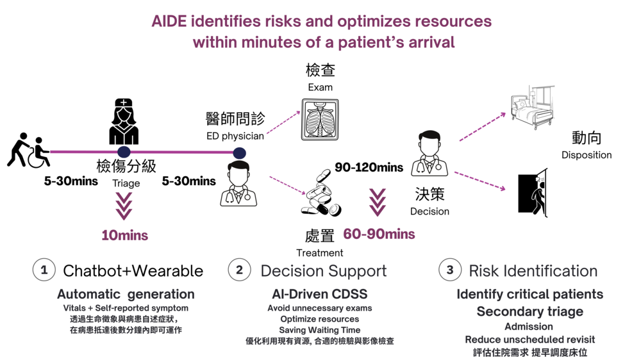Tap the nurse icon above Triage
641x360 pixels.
[x=124, y=122]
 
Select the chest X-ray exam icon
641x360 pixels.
[x=320, y=119]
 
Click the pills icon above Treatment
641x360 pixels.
[x=320, y=195]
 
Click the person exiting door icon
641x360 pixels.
[x=533, y=193]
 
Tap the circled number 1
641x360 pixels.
[x=44, y=270]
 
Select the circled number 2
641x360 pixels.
[x=239, y=270]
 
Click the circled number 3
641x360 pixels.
[x=450, y=270]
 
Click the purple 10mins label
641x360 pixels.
[x=124, y=236]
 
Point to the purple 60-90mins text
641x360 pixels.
[x=379, y=234]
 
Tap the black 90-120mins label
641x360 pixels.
[x=369, y=168]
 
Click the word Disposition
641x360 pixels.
[x=587, y=155]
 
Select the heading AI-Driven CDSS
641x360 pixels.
[x=320, y=295]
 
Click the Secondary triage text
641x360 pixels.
[x=529, y=312]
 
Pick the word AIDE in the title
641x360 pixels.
[x=171, y=21]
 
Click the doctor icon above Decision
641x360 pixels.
[x=429, y=154]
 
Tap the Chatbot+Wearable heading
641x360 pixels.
[x=133, y=271]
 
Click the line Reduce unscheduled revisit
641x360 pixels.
[x=529, y=340]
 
